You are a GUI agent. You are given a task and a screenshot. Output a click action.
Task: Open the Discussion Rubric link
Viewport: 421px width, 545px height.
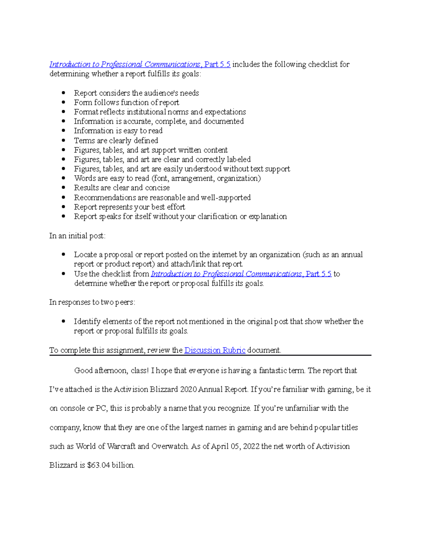(x=215, y=350)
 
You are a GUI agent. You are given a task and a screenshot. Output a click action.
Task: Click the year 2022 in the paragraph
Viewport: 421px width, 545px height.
(x=251, y=446)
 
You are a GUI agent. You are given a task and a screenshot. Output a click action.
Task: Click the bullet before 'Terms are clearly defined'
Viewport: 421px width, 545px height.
(x=64, y=140)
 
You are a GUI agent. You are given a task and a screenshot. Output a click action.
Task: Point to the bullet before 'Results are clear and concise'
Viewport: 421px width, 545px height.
(x=64, y=188)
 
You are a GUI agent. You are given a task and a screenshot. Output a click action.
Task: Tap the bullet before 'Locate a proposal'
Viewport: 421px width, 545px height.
(x=64, y=254)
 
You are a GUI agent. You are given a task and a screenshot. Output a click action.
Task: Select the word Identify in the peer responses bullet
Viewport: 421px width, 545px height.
(x=85, y=321)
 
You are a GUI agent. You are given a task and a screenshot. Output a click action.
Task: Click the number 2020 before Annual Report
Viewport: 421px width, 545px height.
(x=188, y=390)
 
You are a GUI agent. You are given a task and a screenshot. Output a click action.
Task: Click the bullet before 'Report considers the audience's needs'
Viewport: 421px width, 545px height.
(x=64, y=93)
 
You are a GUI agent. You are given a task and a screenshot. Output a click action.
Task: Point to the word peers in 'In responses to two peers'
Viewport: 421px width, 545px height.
(x=125, y=302)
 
